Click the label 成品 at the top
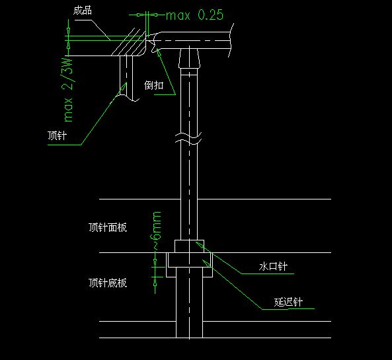pyautogui.click(x=83, y=11)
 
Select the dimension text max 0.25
pyautogui.click(x=194, y=15)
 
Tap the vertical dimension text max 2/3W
pyautogui.click(x=67, y=90)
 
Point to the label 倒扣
pyautogui.click(x=154, y=85)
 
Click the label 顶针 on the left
pyautogui.click(x=58, y=135)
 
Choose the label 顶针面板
pyautogui.click(x=108, y=227)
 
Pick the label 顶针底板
pyautogui.click(x=108, y=283)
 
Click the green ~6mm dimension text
pyautogui.click(x=157, y=231)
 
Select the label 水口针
pyautogui.click(x=273, y=266)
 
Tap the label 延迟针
pyautogui.click(x=288, y=302)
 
